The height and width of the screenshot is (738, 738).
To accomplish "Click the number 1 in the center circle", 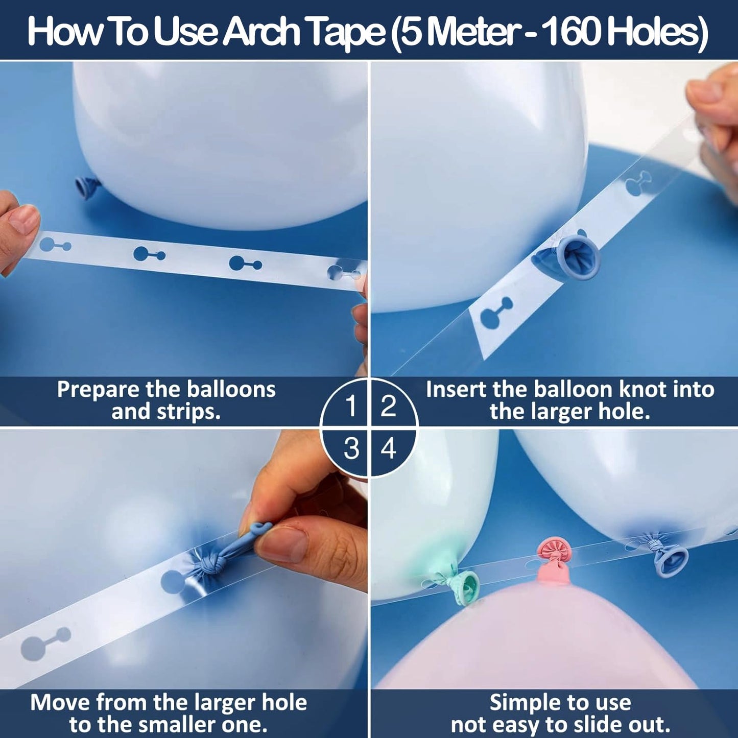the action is tap(351, 406).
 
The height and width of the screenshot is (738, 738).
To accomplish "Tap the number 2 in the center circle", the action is tap(388, 406).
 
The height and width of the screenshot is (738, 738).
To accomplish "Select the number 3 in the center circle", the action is tap(351, 448).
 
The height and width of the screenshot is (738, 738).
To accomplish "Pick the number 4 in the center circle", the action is tap(388, 448).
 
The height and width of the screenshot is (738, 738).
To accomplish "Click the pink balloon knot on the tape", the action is tap(554, 561).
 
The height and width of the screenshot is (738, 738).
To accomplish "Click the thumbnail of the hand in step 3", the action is tap(281, 544).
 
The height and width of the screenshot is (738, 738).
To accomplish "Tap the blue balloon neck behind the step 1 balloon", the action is tap(88, 187).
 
